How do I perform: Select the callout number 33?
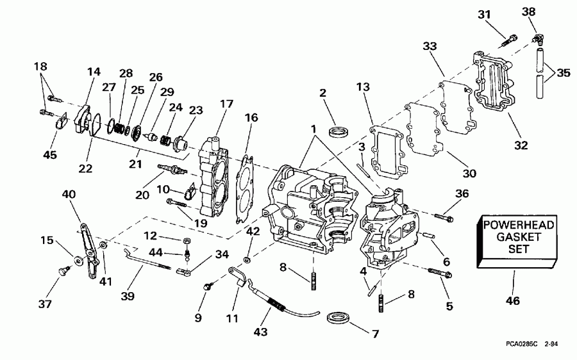[x=430, y=46]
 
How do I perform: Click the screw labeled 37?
[x=63, y=272]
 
